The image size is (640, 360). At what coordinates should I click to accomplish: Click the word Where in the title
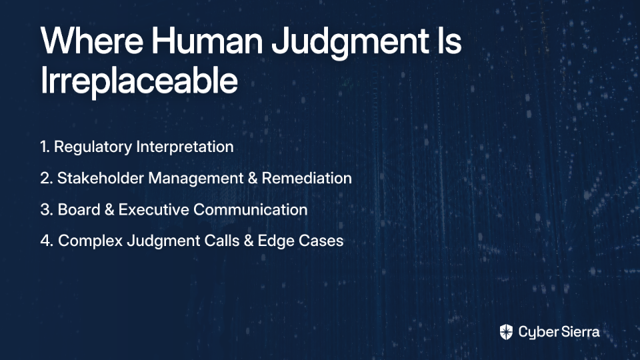[92, 41]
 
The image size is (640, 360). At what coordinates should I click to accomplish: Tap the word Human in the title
[207, 41]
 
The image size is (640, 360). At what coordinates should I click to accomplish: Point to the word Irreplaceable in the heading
[139, 80]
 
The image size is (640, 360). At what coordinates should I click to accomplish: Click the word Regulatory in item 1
[93, 147]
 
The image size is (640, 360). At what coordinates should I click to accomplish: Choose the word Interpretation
[185, 147]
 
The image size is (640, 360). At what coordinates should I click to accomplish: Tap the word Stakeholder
[101, 178]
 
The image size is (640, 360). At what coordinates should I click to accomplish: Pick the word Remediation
[307, 178]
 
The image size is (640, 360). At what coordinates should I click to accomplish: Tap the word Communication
[250, 209]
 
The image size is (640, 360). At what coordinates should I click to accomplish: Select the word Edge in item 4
[276, 241]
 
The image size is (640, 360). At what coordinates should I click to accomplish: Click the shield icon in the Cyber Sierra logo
[506, 332]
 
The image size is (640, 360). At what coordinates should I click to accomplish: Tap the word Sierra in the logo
[579, 331]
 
